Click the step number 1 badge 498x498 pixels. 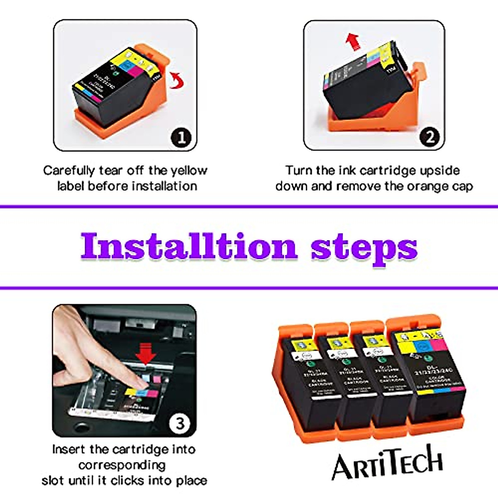coord(181,137)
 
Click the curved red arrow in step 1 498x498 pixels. coord(178,80)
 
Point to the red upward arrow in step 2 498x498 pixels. coord(353,41)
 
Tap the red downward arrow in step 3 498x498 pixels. coord(146,353)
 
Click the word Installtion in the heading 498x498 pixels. coord(189,247)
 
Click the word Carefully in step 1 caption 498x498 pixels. coord(69,171)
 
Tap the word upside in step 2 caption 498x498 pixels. coord(439,171)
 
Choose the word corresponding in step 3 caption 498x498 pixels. coord(122,465)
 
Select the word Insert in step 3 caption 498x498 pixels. coord(68,449)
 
